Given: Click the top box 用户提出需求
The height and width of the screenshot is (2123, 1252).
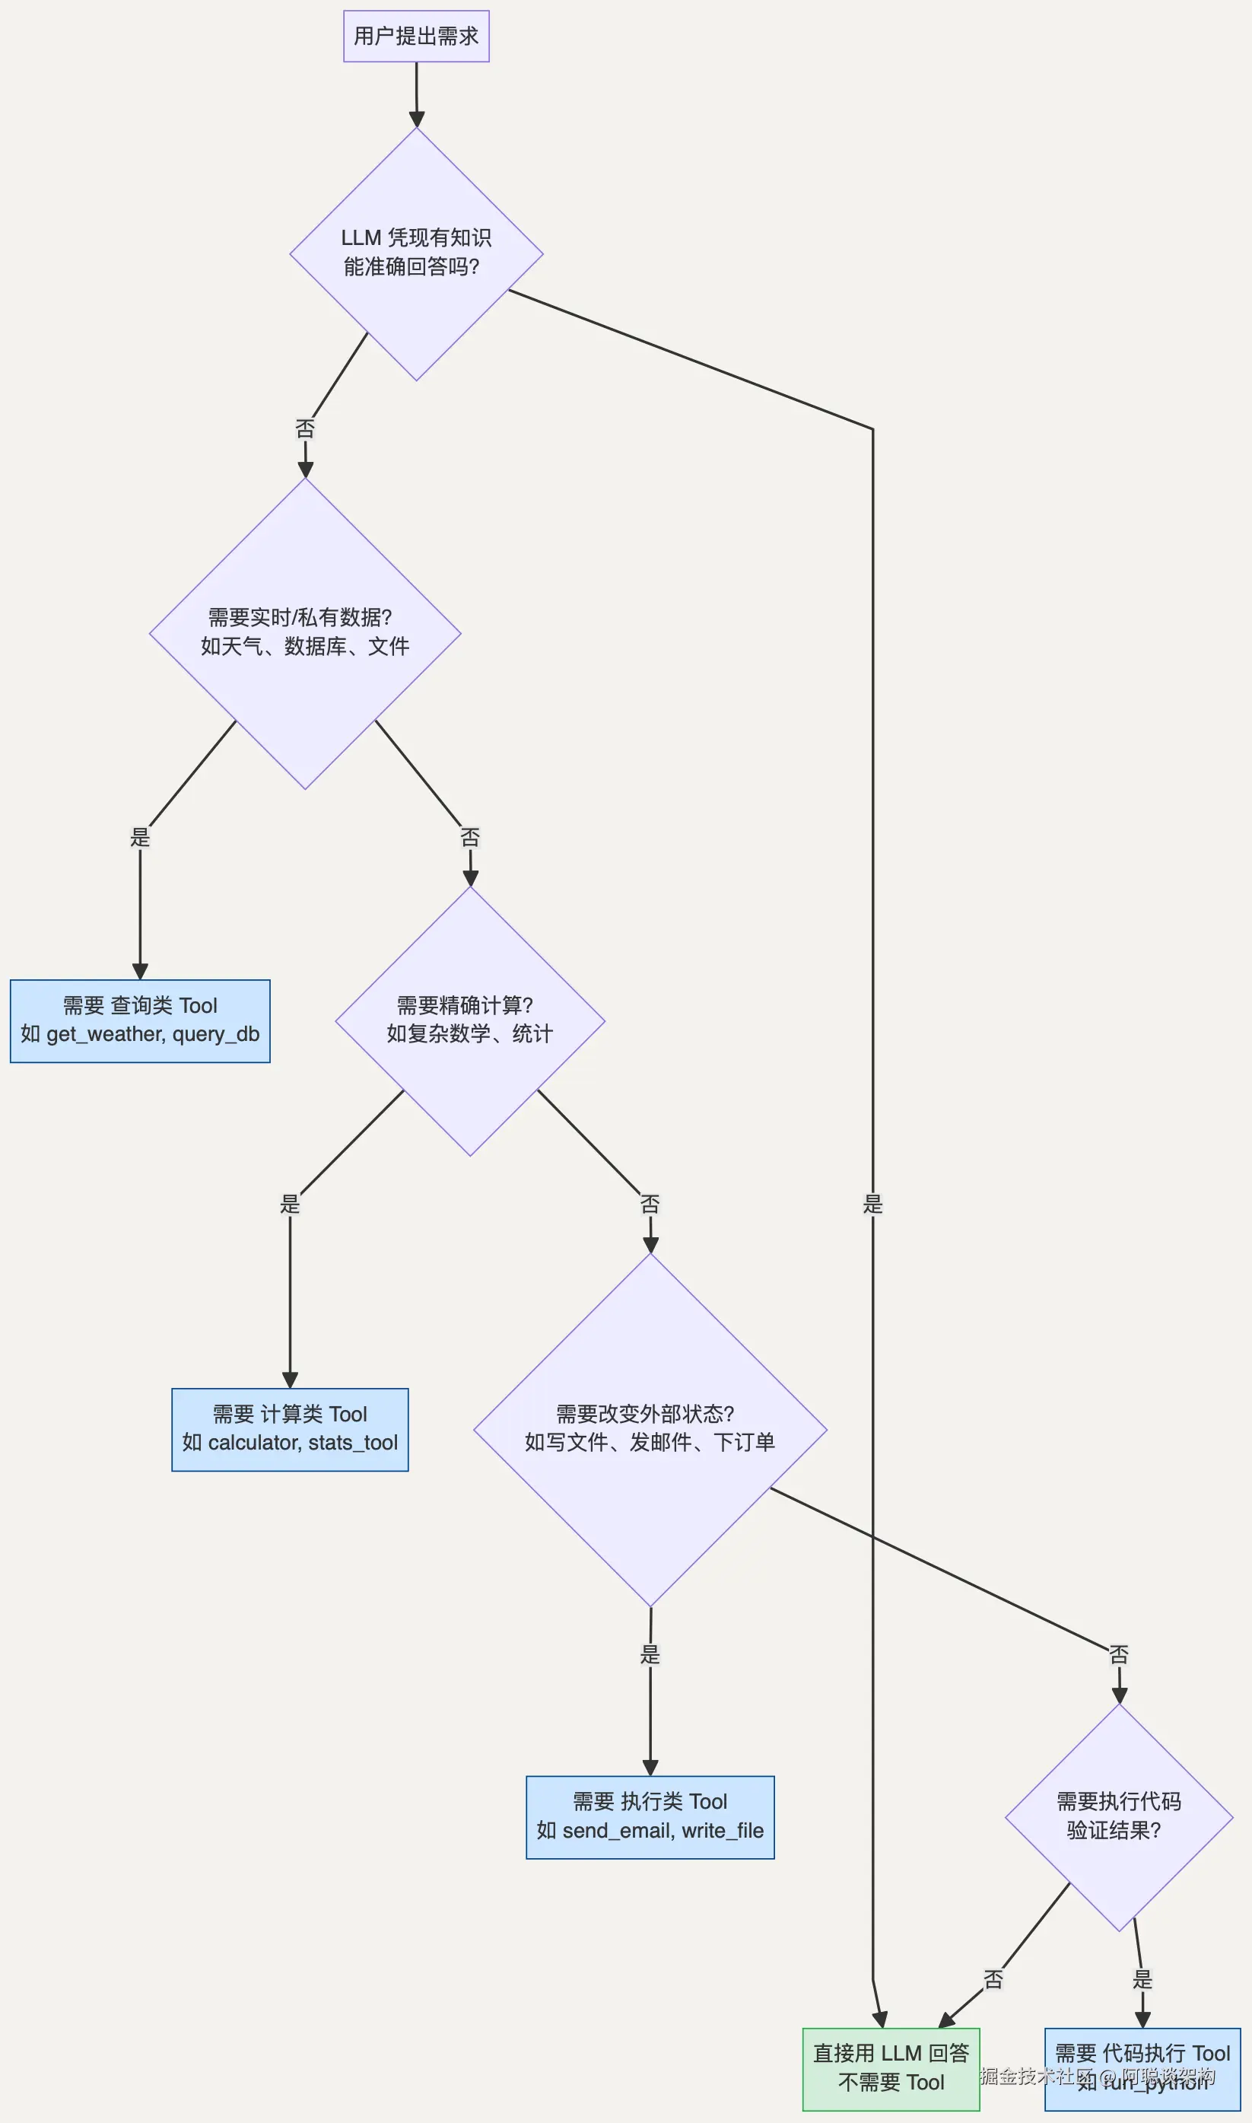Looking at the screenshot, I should (416, 37).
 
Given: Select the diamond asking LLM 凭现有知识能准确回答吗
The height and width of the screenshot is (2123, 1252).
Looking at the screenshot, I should (416, 253).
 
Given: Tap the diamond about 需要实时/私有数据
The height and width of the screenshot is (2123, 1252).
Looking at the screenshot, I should (304, 632).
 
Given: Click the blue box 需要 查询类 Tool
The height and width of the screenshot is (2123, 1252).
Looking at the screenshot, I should (140, 1020).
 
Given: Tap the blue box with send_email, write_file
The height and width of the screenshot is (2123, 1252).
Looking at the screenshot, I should (650, 1816).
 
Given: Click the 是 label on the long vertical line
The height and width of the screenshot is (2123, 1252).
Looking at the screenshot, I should (872, 1204).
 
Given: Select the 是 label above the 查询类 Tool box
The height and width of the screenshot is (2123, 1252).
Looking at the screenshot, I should (140, 837).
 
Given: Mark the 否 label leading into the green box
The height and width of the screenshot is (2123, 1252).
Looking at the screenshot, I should (993, 1979).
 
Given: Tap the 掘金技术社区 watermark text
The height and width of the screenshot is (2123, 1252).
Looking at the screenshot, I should (1036, 2076).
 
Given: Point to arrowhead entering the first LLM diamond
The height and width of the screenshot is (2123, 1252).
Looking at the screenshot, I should (416, 119).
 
